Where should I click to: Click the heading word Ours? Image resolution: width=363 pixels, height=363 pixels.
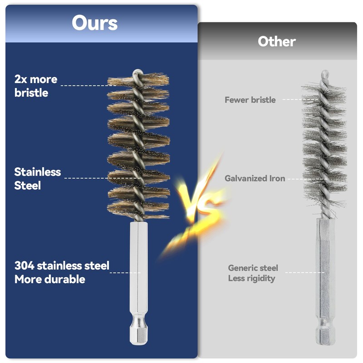[x=94, y=23]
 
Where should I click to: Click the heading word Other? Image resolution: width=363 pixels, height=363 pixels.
[x=277, y=42]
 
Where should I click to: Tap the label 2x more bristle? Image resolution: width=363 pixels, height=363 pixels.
[x=36, y=86]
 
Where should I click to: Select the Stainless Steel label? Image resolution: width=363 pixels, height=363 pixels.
[x=37, y=178]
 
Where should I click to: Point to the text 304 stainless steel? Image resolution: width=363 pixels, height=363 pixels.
[x=62, y=266]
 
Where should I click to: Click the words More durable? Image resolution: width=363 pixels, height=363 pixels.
[x=49, y=279]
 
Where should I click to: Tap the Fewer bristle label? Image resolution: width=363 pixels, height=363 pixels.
[x=250, y=100]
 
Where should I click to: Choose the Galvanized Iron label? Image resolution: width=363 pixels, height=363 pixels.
[x=255, y=178]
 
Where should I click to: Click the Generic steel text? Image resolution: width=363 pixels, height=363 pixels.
[x=253, y=268]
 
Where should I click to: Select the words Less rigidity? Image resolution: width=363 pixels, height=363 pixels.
[x=251, y=278]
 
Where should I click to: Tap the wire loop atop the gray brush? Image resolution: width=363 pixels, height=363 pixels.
[x=325, y=74]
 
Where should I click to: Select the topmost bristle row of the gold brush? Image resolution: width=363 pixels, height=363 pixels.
[x=138, y=82]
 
